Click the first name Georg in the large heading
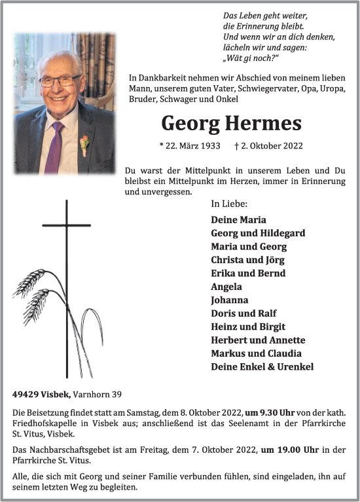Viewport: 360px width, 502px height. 190,123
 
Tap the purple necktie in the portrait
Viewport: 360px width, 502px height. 54,147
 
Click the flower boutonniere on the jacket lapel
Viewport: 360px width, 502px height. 84,144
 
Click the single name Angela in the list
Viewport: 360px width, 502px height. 226,287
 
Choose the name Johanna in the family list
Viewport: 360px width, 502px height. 229,300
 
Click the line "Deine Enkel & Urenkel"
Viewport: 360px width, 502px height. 262,367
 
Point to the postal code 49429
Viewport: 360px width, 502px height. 25,395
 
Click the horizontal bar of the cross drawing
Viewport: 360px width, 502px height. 67,226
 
